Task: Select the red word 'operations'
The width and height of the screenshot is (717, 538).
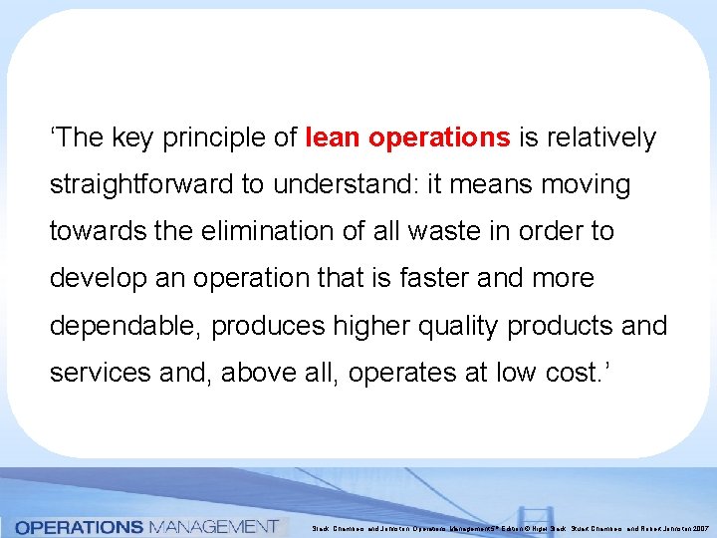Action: [x=439, y=137]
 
